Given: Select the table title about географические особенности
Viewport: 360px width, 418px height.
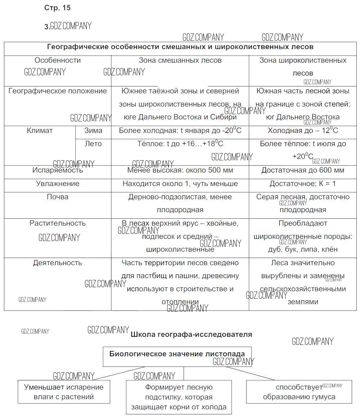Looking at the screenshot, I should (180, 47).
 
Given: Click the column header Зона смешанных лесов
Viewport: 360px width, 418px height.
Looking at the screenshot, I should (180, 61).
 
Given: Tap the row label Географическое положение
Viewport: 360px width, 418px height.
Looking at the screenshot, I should (58, 91).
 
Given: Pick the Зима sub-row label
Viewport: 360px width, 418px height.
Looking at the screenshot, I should (93, 131).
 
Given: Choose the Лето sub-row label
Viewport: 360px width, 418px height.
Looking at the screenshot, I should (93, 144).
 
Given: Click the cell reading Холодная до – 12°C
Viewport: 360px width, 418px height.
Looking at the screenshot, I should (302, 131).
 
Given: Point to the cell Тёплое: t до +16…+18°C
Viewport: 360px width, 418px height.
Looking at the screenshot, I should (180, 144).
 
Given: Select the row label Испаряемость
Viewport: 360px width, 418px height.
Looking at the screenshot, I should (58, 170).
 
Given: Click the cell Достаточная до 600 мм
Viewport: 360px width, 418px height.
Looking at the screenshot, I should (302, 170).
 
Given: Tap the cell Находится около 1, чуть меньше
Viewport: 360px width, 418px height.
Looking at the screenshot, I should (180, 184).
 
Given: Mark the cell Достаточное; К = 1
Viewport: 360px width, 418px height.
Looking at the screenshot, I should (302, 184).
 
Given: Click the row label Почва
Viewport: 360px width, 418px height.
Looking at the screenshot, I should (58, 197).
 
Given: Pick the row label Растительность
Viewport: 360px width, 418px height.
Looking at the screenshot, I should (58, 223).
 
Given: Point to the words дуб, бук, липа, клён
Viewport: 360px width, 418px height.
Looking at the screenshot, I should (302, 249).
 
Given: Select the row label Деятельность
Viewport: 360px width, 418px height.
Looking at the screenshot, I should (58, 263).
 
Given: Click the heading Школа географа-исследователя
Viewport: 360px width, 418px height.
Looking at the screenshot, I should (192, 334).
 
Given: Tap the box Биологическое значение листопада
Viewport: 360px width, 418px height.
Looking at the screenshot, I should (177, 354).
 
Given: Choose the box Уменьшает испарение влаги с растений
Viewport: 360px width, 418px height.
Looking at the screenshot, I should (64, 392).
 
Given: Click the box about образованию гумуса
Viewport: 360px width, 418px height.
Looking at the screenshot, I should (299, 392).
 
